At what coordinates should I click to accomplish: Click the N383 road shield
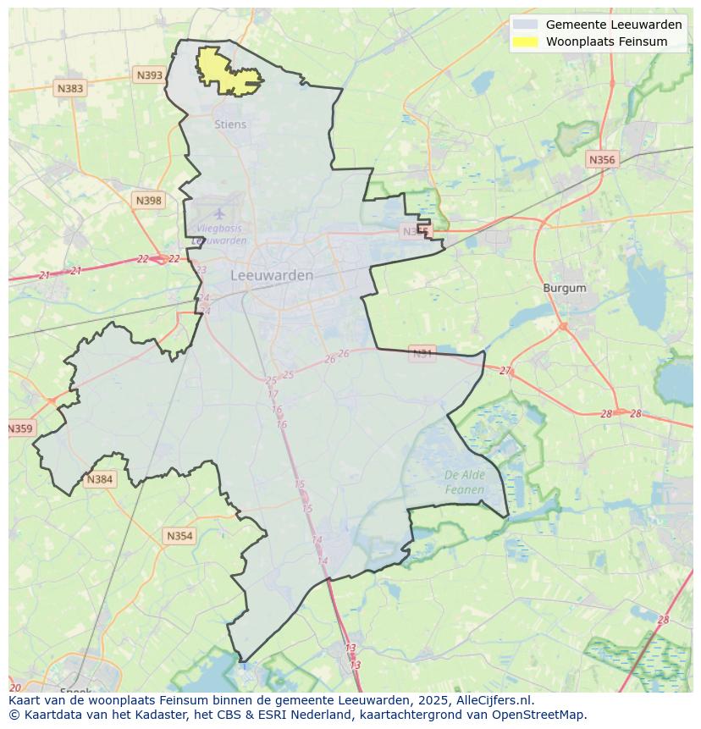[70, 88]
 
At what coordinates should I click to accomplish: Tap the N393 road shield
[149, 75]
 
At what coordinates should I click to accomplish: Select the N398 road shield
[147, 200]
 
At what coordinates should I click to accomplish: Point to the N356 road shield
[602, 159]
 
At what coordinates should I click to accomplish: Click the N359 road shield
[20, 428]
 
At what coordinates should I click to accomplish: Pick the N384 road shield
[99, 479]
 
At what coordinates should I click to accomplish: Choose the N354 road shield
[179, 536]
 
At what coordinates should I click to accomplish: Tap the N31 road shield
[422, 352]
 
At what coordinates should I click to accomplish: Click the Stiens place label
[230, 124]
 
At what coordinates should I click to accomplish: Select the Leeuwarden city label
[272, 275]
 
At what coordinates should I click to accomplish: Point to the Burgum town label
[565, 288]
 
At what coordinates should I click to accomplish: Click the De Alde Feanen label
[465, 483]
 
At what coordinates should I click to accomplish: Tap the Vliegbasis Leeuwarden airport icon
[220, 213]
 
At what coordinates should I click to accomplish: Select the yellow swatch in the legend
[525, 41]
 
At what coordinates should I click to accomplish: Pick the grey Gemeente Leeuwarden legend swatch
[525, 25]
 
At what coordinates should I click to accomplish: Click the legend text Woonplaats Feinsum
[606, 41]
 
